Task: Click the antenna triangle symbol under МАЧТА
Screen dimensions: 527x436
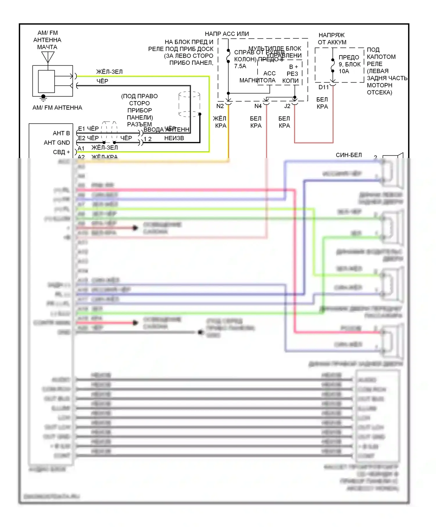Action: coord(48,57)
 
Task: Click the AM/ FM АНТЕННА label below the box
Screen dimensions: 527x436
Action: coord(57,108)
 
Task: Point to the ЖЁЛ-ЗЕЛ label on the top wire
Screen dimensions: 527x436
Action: coord(109,72)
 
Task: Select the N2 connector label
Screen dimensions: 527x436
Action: coord(220,106)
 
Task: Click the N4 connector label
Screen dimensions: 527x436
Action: coord(258,106)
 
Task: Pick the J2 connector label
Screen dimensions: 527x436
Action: coord(287,106)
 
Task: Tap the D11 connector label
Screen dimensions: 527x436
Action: coord(324,87)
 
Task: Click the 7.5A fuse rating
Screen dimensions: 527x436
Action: coord(240,66)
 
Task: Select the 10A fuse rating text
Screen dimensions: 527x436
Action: coord(344,71)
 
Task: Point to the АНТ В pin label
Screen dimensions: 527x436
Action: coord(61,133)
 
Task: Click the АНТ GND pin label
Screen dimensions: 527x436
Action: coord(57,143)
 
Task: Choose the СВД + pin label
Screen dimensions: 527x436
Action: coord(61,152)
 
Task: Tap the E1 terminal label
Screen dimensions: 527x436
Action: coord(81,129)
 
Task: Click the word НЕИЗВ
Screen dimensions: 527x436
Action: coord(174,138)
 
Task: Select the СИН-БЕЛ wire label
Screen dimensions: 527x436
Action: coord(349,155)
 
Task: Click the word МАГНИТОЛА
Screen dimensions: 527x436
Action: coord(257,80)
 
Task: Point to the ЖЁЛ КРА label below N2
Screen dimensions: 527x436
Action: coord(220,122)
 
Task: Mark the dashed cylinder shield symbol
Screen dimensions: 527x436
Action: coord(189,104)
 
